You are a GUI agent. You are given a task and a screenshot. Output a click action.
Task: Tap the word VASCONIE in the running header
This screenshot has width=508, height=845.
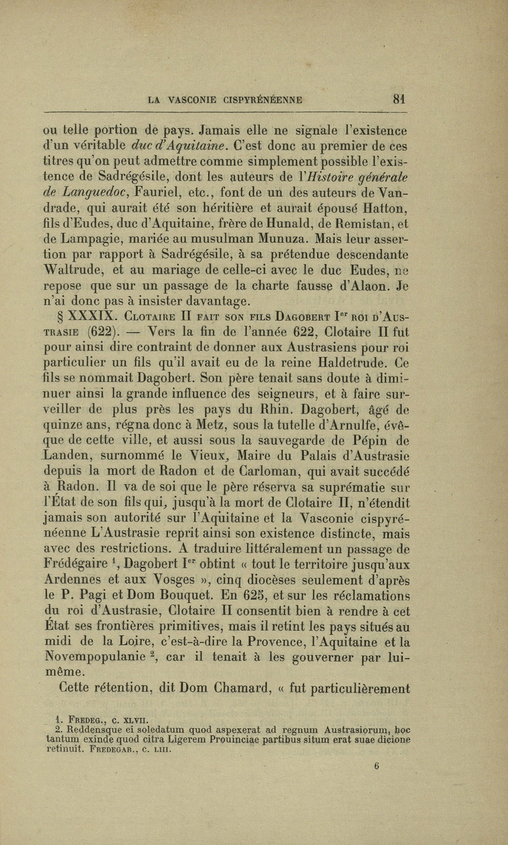192,101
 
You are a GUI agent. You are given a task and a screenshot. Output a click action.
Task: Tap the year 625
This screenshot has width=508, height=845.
252,595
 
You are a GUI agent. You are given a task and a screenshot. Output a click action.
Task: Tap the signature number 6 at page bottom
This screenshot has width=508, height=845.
377,767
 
